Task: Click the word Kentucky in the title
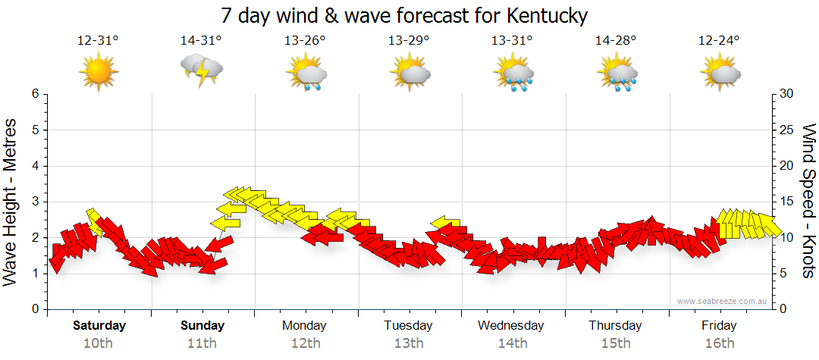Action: (543, 15)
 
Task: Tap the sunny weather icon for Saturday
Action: (99, 72)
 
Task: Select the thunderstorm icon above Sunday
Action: (202, 72)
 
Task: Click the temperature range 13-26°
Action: (305, 41)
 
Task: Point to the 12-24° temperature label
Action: (719, 41)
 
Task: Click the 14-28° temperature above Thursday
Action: (615, 41)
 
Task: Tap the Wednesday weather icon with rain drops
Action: (513, 73)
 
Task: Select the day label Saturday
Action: (99, 326)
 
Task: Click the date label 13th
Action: (409, 343)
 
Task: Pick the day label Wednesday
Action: (511, 326)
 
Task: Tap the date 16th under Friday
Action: (719, 343)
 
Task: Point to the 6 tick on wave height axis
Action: (34, 94)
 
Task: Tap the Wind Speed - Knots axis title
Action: (808, 201)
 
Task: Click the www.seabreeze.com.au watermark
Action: (723, 302)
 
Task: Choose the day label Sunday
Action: (202, 326)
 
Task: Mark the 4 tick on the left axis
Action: (34, 166)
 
